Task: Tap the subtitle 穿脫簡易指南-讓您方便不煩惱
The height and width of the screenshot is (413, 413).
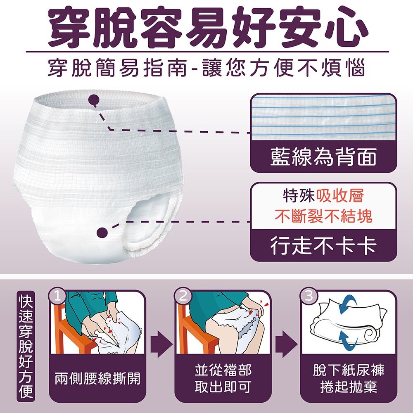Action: tap(207, 69)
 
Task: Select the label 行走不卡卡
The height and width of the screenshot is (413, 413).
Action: tap(323, 245)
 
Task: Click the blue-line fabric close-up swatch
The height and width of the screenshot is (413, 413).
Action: tap(323, 117)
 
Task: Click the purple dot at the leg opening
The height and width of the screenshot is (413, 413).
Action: tap(102, 232)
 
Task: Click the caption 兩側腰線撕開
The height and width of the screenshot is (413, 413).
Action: tap(97, 378)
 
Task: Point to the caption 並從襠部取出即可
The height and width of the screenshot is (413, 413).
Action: tap(223, 378)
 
